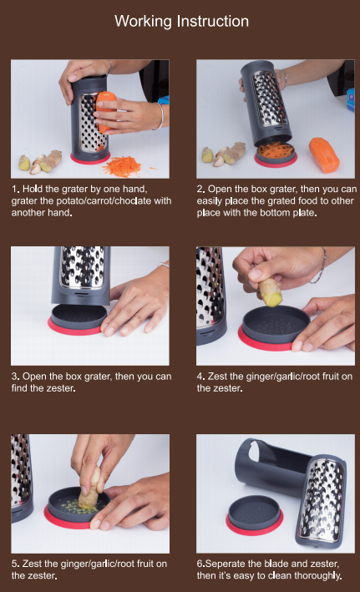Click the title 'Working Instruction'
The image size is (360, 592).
point(182,21)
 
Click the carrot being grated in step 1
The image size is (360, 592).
point(104,109)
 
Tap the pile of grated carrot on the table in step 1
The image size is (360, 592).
point(123,166)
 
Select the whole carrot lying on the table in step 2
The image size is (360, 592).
point(324,154)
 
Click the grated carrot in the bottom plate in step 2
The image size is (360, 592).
point(276,150)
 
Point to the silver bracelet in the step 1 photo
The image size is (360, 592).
point(160,116)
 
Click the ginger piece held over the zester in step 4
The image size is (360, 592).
point(270,293)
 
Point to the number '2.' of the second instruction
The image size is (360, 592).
point(201,189)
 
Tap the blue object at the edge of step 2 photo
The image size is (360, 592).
point(351,99)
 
